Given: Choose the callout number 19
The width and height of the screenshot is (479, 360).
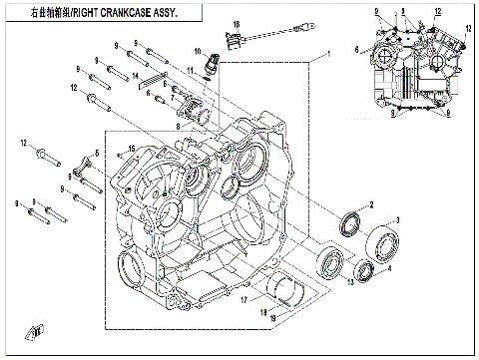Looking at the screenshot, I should [273, 317].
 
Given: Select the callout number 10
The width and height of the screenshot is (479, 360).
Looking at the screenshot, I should [199, 51].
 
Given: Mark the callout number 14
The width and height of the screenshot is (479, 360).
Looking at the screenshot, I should [136, 76].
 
